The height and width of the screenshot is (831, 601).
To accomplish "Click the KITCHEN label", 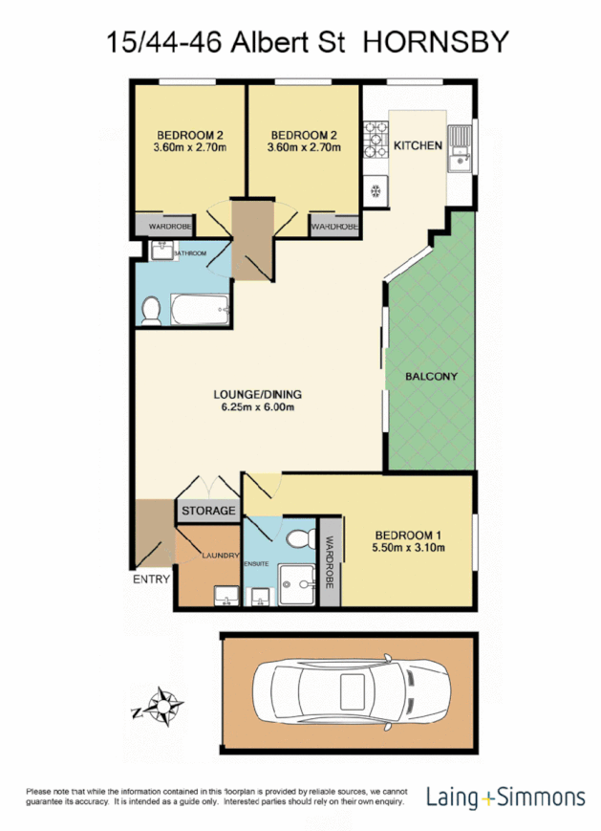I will pyautogui.click(x=418, y=146).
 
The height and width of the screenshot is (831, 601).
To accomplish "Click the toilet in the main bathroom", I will pyautogui.click(x=150, y=309).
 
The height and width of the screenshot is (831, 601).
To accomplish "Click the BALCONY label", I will pyautogui.click(x=430, y=376).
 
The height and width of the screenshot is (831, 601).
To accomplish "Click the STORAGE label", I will pyautogui.click(x=208, y=512).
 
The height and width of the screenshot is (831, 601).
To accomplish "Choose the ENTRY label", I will pyautogui.click(x=151, y=580).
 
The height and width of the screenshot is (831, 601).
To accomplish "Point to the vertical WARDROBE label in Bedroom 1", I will pyautogui.click(x=330, y=563).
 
